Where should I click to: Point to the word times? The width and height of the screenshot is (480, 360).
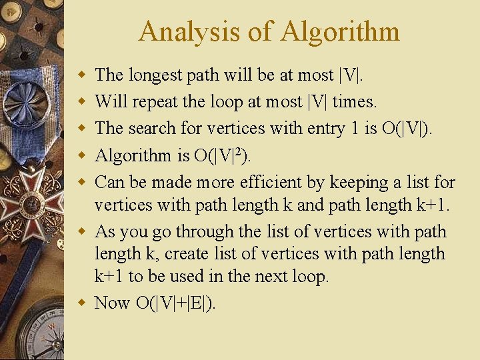(354, 101)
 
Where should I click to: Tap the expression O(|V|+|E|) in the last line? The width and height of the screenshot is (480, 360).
(176, 303)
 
